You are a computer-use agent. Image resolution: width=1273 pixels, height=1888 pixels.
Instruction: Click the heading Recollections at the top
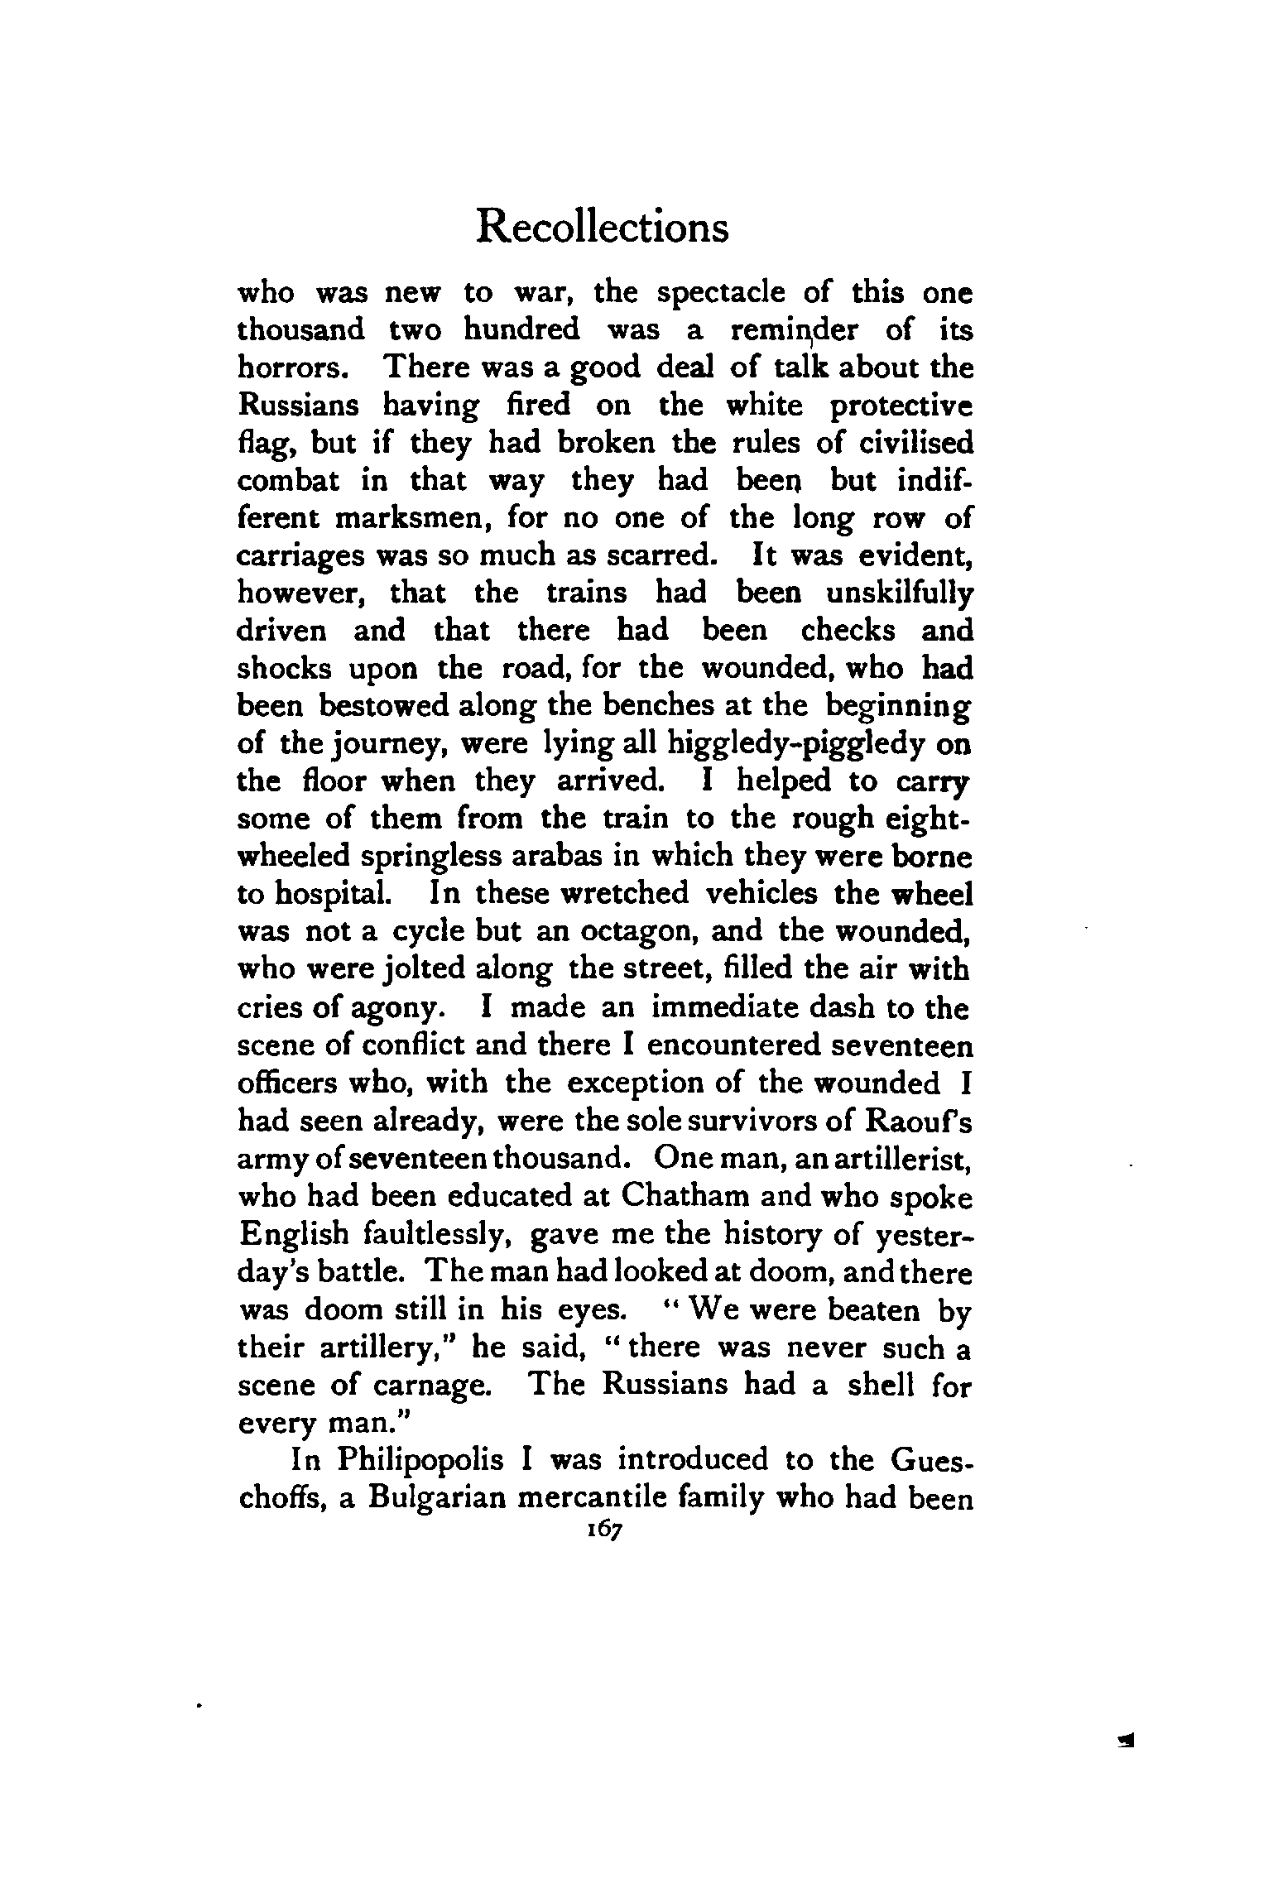pyautogui.click(x=603, y=228)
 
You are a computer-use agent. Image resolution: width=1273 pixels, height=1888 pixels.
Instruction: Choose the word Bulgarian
pyautogui.click(x=449, y=1498)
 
